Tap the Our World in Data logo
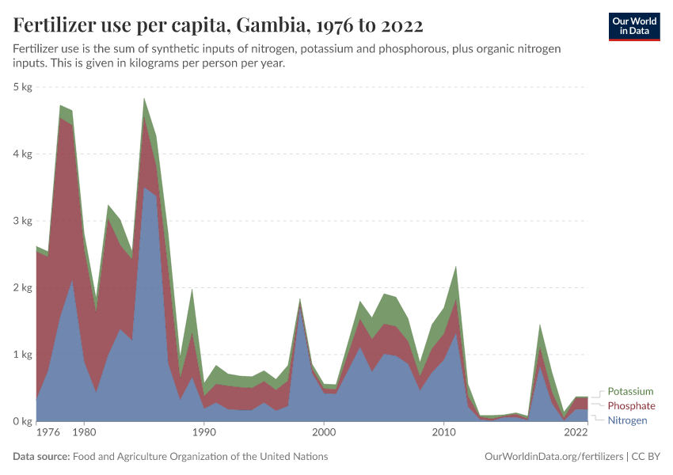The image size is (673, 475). point(633,26)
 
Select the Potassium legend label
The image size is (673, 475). point(630,391)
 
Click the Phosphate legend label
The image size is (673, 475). point(631,405)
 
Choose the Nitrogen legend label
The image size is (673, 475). point(627,420)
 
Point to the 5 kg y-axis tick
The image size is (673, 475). point(22,86)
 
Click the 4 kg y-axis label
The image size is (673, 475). point(22,154)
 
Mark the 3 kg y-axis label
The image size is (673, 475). point(22,220)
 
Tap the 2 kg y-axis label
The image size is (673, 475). point(22,287)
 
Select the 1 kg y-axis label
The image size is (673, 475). point(22,354)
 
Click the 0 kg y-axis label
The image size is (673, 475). point(22,421)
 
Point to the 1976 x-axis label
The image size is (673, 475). point(48,433)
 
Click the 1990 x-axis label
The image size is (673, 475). point(204,433)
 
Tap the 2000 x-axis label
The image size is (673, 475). point(324,433)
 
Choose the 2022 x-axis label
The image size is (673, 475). point(576,433)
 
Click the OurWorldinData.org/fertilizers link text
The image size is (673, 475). point(552,457)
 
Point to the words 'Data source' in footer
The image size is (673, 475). point(40,457)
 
